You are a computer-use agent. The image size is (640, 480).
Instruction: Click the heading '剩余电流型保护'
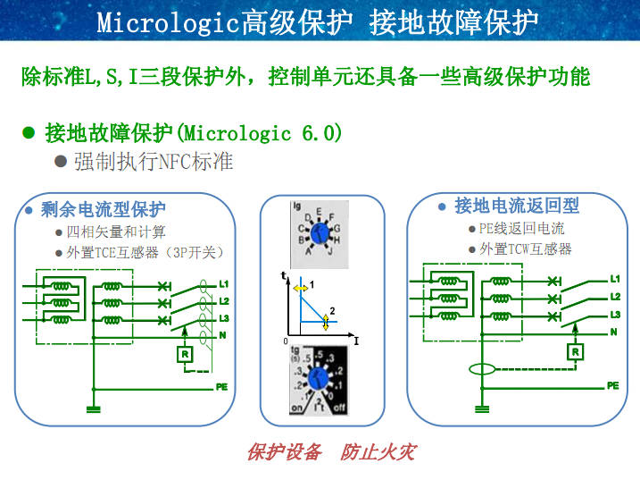pos(104,210)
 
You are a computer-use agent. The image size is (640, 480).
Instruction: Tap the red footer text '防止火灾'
pos(378,451)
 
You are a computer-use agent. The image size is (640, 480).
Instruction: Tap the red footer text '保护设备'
pos(284,451)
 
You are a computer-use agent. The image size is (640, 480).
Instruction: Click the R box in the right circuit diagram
pos(575,351)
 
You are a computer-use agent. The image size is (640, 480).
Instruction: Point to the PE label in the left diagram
pos(221,387)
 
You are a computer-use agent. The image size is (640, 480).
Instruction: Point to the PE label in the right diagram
pos(612,385)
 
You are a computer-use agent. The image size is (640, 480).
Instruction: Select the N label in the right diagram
pos(613,332)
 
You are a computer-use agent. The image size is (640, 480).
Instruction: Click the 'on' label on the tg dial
pos(297,408)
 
